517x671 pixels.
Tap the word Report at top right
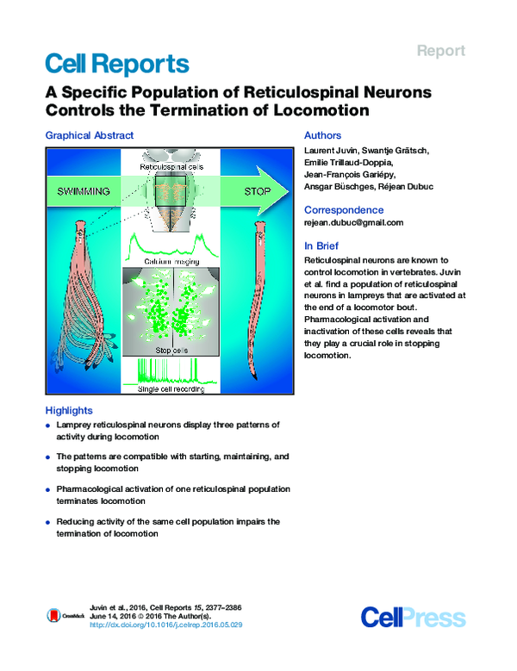(x=441, y=51)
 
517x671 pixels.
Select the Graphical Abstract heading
(x=89, y=135)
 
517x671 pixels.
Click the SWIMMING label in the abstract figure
(x=82, y=190)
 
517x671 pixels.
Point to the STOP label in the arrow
(x=257, y=190)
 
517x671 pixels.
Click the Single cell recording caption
(x=171, y=388)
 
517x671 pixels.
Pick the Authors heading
(x=323, y=135)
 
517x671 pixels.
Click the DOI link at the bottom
(x=166, y=624)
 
